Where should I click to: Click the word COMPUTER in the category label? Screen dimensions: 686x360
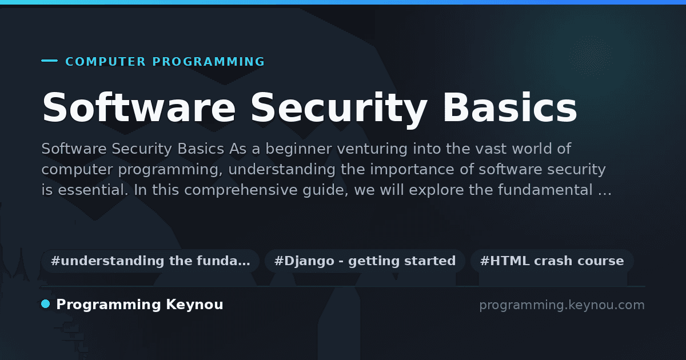tap(106, 62)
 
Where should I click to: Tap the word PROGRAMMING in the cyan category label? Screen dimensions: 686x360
tap(209, 62)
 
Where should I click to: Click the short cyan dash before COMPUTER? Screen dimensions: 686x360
tap(49, 61)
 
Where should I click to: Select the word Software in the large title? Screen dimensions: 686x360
tap(139, 107)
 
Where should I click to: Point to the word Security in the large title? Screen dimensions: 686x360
tap(339, 109)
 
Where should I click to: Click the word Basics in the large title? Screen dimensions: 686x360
tap(510, 107)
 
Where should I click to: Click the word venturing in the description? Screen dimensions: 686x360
tap(372, 149)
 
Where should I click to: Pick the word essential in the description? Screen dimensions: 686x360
tap(93, 190)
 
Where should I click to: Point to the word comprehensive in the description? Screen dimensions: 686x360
tap(241, 190)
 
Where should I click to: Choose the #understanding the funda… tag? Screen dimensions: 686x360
tap(150, 261)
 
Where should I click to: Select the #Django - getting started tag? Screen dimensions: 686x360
tap(365, 261)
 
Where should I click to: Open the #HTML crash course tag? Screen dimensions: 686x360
tap(552, 261)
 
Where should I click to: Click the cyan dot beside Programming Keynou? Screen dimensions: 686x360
tap(46, 304)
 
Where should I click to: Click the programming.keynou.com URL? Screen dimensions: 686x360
tap(562, 305)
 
